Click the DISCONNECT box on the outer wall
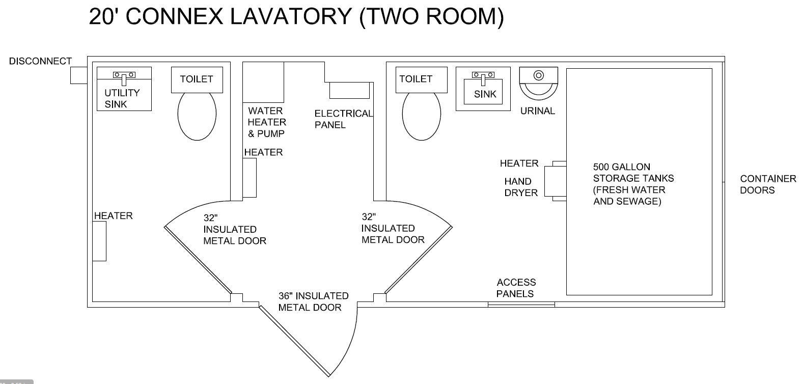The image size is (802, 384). (x=79, y=75)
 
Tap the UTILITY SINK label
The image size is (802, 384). (x=122, y=98)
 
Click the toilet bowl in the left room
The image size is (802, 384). (x=197, y=116)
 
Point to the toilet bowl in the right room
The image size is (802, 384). (x=421, y=116)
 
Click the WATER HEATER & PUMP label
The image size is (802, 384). (x=267, y=122)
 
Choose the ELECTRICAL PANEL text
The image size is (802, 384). (x=343, y=119)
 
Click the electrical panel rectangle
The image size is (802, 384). (x=349, y=90)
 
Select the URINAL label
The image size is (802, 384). (x=538, y=111)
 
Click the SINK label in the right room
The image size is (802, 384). (x=485, y=94)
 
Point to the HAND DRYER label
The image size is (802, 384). (x=521, y=187)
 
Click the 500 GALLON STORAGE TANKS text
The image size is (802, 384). (x=633, y=184)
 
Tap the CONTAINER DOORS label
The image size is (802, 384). (x=767, y=184)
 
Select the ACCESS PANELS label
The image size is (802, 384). (x=516, y=288)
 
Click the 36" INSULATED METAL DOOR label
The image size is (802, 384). (x=313, y=301)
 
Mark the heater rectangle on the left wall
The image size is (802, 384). (x=99, y=241)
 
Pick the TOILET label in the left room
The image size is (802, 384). (x=196, y=79)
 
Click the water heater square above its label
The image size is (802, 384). (x=263, y=82)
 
